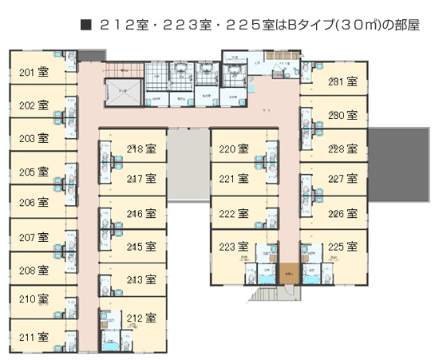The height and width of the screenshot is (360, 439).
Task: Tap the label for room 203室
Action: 34,138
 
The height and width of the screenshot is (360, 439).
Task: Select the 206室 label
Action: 34,203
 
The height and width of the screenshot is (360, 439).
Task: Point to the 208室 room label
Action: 34,271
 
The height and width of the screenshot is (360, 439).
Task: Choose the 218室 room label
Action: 140,148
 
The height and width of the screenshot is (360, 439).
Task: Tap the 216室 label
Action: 140,213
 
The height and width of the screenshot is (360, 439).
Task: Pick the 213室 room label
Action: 140,280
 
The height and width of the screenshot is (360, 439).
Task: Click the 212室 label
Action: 140,318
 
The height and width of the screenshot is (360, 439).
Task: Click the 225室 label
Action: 342,246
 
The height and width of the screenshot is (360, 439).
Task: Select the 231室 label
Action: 342,81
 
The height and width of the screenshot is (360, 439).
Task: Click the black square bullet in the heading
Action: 86,25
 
